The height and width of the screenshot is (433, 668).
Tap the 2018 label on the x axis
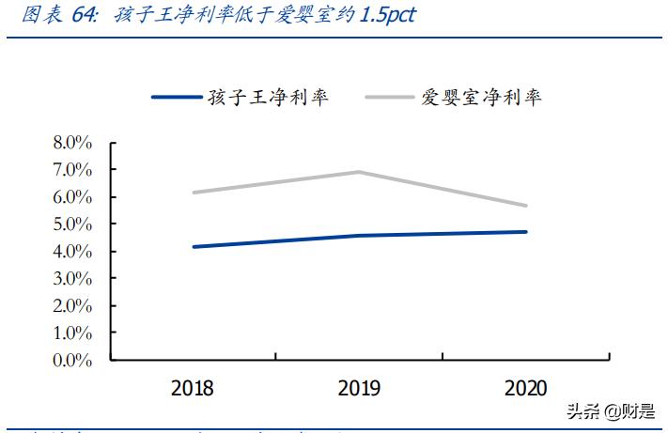(193, 389)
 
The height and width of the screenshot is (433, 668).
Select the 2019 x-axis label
(360, 389)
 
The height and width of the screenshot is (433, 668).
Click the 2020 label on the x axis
(527, 389)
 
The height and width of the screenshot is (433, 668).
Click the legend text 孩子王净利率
(268, 97)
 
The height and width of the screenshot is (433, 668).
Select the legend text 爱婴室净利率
(481, 97)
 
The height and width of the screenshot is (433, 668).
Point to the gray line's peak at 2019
(360, 172)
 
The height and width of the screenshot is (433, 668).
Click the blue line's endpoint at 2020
(526, 232)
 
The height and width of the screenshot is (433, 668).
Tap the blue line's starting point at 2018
(194, 247)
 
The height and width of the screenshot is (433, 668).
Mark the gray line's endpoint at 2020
(526, 206)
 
